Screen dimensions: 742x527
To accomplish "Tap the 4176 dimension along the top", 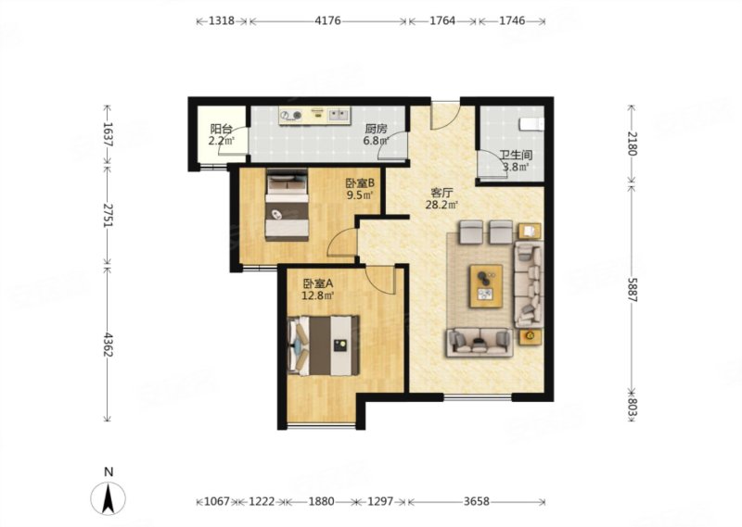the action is click(x=327, y=20).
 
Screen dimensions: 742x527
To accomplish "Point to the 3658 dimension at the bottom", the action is click(x=476, y=501).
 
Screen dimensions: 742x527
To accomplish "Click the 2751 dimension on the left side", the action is click(x=109, y=215).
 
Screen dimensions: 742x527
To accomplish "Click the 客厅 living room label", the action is click(x=442, y=193).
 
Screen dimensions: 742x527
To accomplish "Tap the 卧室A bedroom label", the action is click(x=318, y=283).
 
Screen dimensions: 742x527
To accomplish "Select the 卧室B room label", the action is click(x=360, y=182).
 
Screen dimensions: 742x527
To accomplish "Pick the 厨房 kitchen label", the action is click(x=377, y=129).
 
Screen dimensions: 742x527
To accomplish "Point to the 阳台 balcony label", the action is click(x=222, y=129).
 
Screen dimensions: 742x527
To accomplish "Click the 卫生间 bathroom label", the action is click(x=516, y=155).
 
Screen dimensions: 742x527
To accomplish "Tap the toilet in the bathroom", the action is click(x=531, y=124).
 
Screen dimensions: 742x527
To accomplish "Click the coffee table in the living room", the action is click(x=486, y=286).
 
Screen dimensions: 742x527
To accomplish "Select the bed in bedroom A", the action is click(x=323, y=345).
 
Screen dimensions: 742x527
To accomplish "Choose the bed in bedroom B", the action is click(x=287, y=205).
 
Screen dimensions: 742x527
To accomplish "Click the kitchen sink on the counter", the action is click(x=339, y=114).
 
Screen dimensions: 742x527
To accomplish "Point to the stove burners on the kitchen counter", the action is click(x=291, y=115).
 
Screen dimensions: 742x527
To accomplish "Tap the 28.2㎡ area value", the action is click(x=442, y=205).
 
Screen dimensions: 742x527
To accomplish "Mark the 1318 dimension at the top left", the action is click(x=222, y=20).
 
